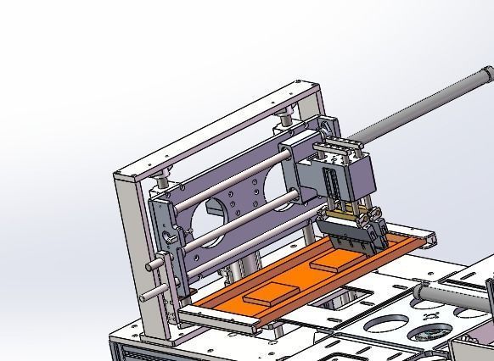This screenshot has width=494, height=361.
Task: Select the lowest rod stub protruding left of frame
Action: (x=150, y=293)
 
